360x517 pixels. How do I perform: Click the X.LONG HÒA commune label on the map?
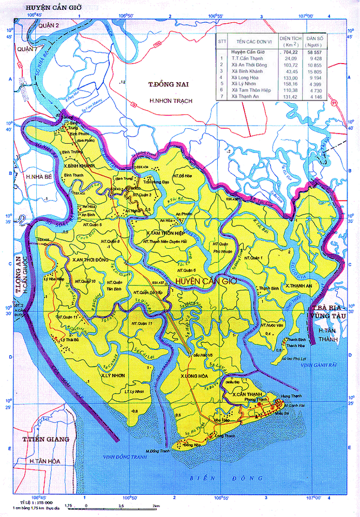tap(194, 375)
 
